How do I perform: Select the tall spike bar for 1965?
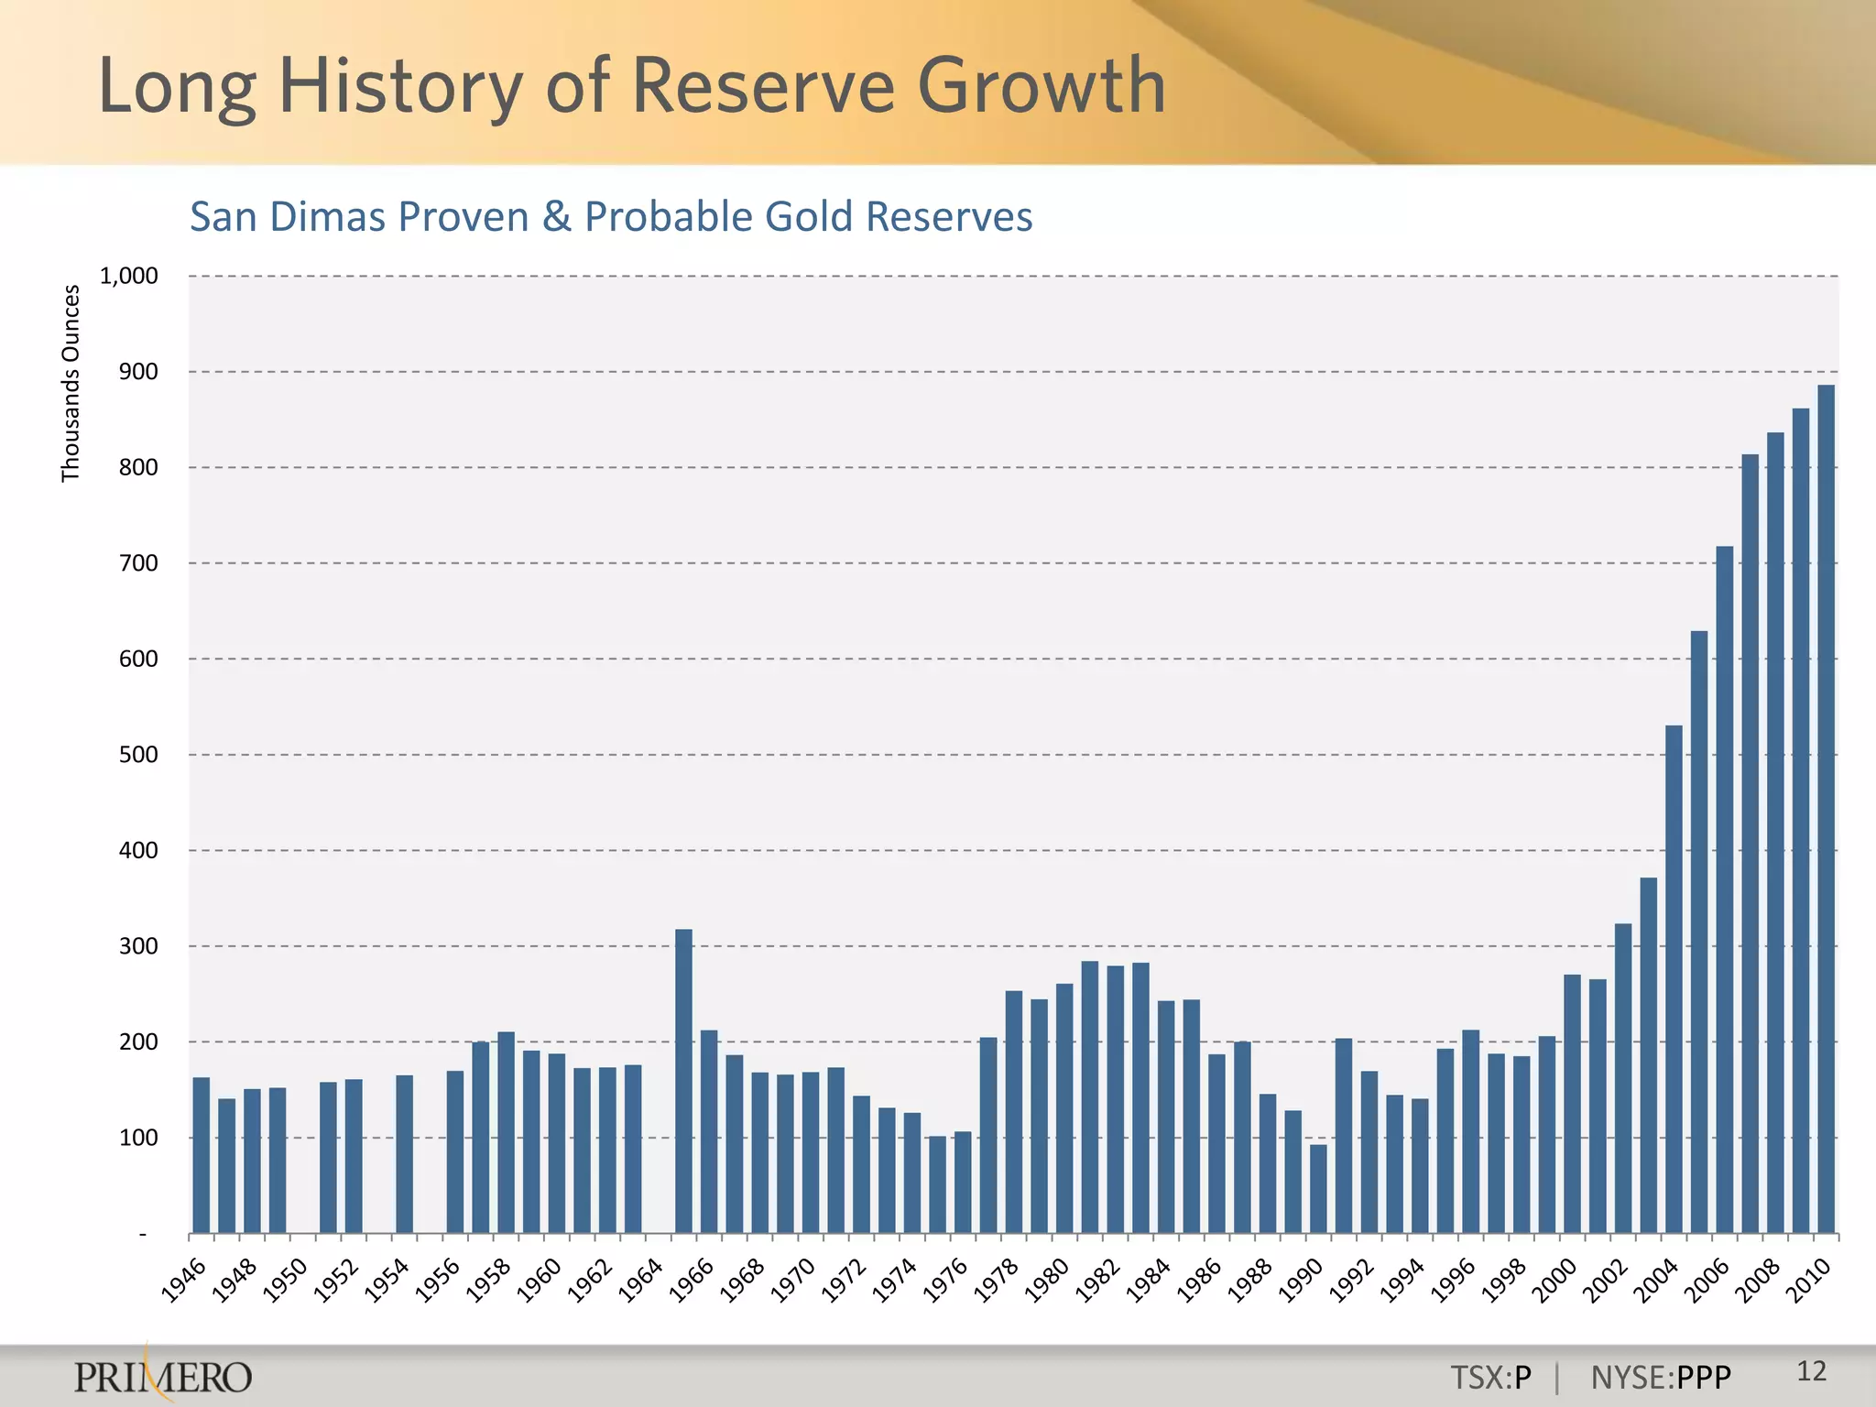pos(683,1081)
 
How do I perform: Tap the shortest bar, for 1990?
pos(1318,1188)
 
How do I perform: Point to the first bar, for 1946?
pos(202,1155)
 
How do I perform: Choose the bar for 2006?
pos(1724,889)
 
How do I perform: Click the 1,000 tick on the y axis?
pos(128,276)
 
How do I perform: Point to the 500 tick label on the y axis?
pos(138,755)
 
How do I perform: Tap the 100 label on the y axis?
pos(138,1138)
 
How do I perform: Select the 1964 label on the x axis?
pos(639,1280)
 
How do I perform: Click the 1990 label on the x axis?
pos(1300,1280)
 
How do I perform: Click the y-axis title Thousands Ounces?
pos(71,383)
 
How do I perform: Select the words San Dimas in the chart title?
pos(287,217)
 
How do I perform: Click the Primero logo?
pos(163,1375)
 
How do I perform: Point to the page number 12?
pos(1811,1371)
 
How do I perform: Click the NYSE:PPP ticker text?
pos(1661,1377)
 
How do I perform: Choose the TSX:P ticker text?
pos(1490,1377)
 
